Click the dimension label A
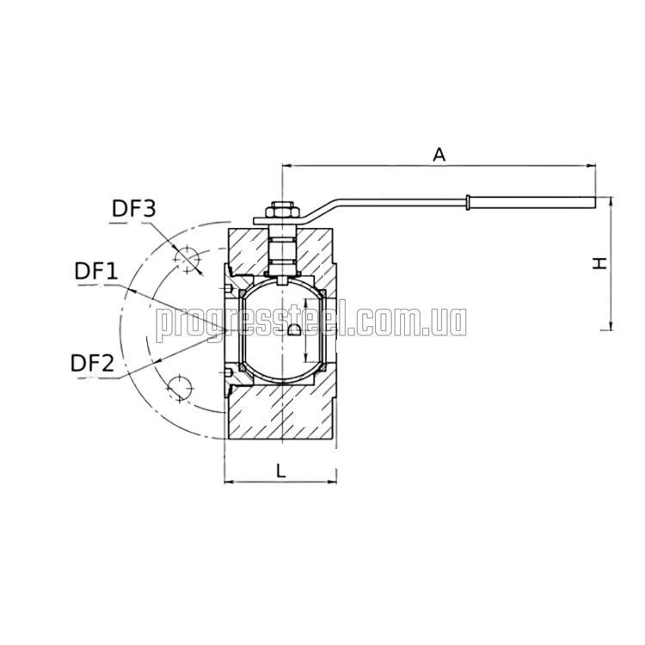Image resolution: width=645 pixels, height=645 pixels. point(439,155)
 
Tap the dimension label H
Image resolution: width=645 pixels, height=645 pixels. point(599,263)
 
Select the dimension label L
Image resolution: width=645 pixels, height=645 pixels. point(280,470)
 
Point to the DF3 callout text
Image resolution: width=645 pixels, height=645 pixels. point(134,209)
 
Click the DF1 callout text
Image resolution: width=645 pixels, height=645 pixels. point(96,272)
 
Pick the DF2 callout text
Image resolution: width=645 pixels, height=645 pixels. point(92,364)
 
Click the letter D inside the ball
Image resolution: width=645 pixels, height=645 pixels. point(294,329)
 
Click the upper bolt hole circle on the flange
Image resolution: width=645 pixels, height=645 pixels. point(187,259)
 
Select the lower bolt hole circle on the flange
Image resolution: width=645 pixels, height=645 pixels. point(180,387)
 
